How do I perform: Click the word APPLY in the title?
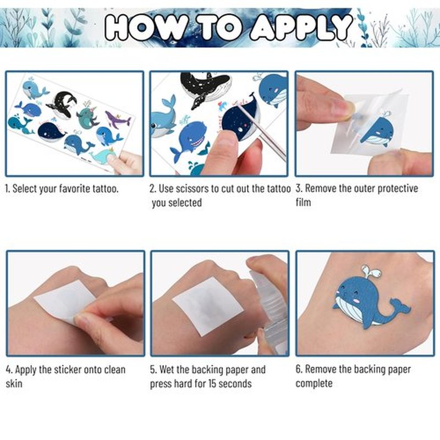point(301,27)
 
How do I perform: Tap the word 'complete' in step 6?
point(314,383)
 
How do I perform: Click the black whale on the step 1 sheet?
point(63,105)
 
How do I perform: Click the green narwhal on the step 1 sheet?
point(87,116)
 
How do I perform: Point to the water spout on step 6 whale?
point(371,271)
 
